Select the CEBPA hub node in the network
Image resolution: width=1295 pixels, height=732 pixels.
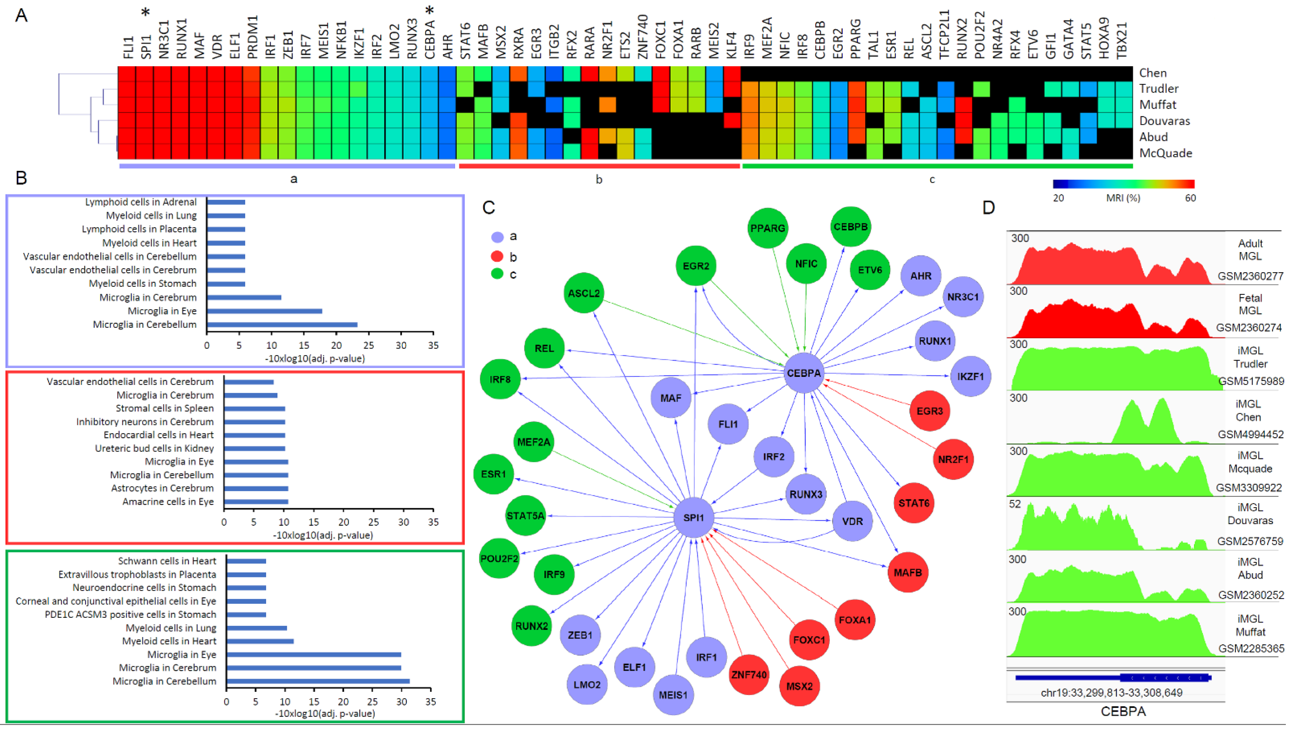[803, 373]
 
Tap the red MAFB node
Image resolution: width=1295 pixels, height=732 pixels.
[907, 572]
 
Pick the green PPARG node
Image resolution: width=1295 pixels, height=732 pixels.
[767, 228]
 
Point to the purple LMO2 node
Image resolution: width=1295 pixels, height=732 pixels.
[587, 685]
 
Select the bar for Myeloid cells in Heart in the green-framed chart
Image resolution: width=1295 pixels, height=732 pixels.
[260, 641]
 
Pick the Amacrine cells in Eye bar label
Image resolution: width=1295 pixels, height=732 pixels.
[168, 501]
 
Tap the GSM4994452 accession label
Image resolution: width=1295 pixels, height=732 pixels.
[1250, 434]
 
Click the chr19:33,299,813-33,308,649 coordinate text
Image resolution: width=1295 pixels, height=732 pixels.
[1111, 693]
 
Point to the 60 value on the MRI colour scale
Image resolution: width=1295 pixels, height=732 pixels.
[1190, 198]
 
